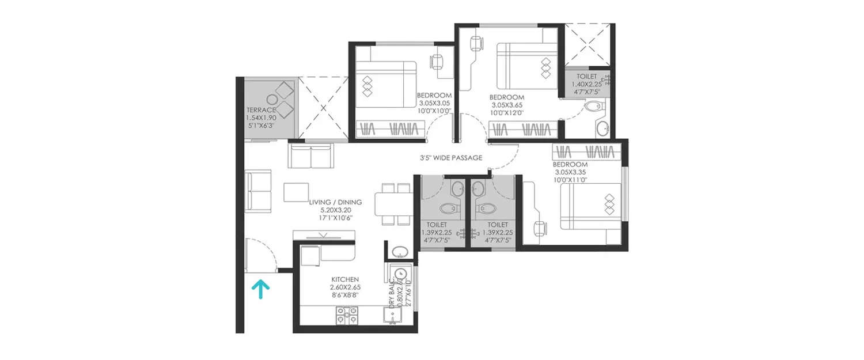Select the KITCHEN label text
(x=346, y=279)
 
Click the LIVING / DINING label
(x=335, y=202)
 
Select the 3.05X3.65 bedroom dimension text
(x=507, y=105)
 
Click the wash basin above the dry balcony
(x=398, y=252)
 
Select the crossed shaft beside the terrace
(x=323, y=107)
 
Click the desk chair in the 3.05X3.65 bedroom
(x=476, y=43)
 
